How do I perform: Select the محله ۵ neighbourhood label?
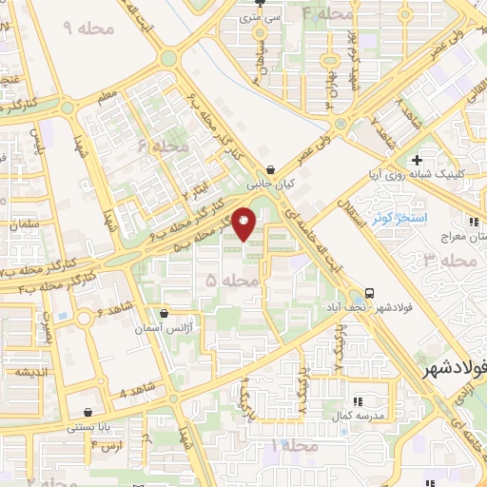[x=224, y=282]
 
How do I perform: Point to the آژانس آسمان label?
[x=179, y=326]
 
